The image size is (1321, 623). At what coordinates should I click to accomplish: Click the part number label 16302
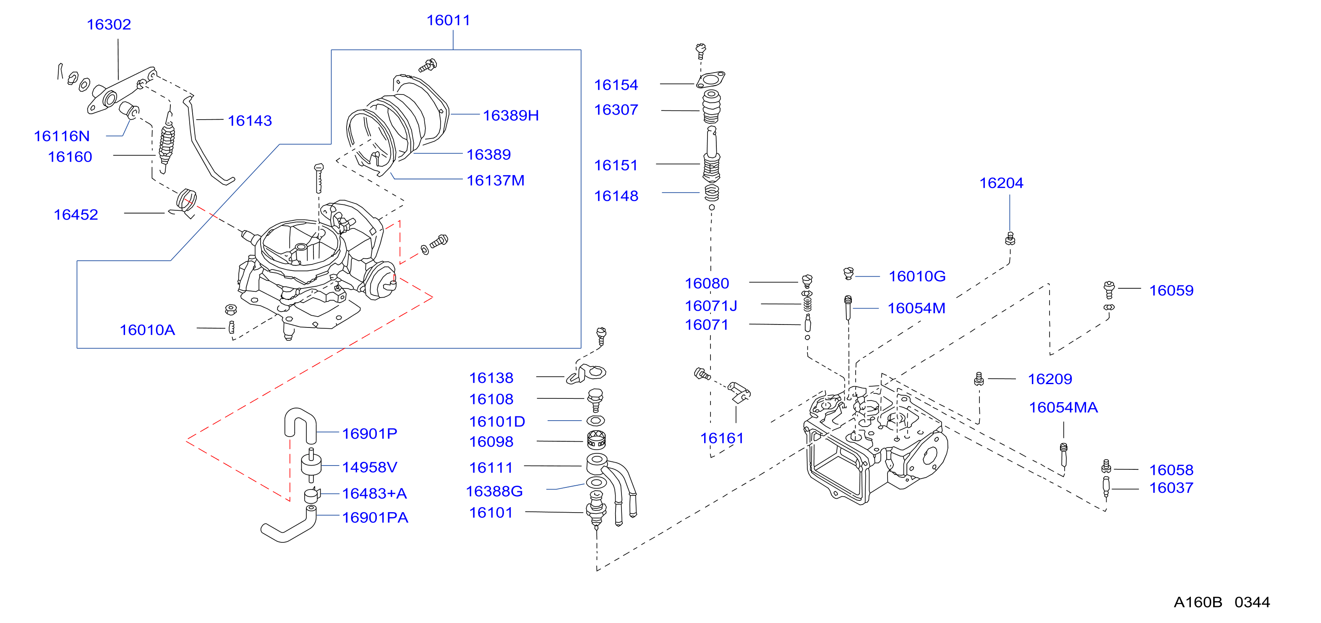coord(109,25)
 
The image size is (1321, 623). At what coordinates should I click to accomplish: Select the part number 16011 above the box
coord(448,21)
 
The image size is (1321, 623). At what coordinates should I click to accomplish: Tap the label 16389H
coord(511,116)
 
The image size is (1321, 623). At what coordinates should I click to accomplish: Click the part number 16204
coord(1001,183)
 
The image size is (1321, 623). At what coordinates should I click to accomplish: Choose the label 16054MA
coord(1063,408)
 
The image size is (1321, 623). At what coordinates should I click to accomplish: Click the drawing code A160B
coord(1198,602)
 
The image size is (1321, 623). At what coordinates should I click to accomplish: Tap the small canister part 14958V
coord(311,465)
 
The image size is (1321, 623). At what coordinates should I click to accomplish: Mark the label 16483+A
coord(374,494)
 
